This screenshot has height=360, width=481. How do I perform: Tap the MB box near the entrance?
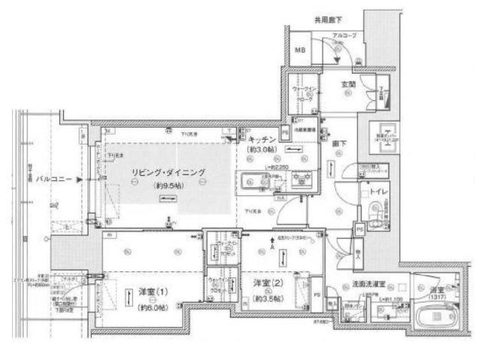[x=300, y=51]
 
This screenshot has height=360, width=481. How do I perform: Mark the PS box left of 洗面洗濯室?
[x=316, y=295]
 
